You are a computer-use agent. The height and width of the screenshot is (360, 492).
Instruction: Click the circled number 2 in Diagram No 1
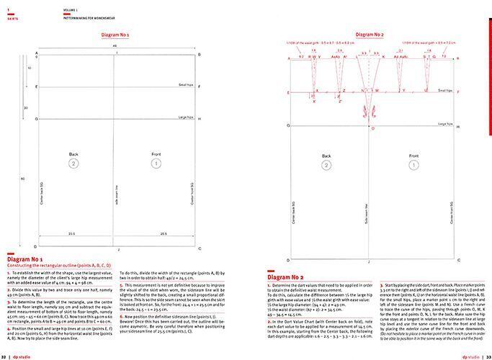pyautogui.click(x=73, y=164)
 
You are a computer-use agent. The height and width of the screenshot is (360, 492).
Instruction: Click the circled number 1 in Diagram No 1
pyautogui.click(x=156, y=164)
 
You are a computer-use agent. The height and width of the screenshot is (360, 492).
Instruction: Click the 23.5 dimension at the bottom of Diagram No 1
pyautogui.click(x=72, y=233)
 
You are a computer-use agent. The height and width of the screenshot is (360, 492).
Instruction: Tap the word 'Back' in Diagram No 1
pyautogui.click(x=73, y=154)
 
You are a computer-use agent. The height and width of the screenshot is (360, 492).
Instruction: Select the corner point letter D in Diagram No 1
pyautogui.click(x=30, y=249)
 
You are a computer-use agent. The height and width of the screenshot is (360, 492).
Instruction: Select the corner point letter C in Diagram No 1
pyautogui.click(x=200, y=249)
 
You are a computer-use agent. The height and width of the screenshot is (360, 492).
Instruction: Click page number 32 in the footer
pyautogui.click(x=5, y=356)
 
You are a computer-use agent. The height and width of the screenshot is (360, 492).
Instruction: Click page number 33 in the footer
pyautogui.click(x=487, y=356)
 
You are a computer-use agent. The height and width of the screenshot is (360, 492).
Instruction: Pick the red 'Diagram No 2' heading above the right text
pyautogui.click(x=284, y=276)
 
